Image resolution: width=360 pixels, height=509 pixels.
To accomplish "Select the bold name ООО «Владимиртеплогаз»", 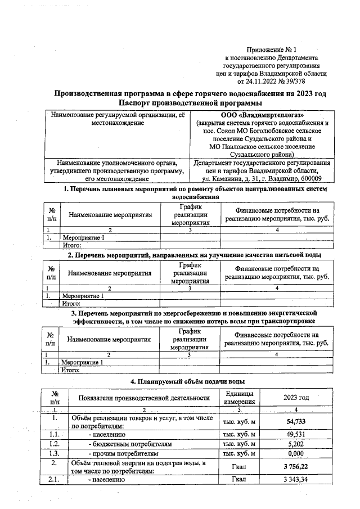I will click(x=263, y=115).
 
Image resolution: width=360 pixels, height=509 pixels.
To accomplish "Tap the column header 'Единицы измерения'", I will click(x=239, y=397).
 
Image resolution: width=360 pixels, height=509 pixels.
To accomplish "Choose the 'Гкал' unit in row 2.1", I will click(x=239, y=479).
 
